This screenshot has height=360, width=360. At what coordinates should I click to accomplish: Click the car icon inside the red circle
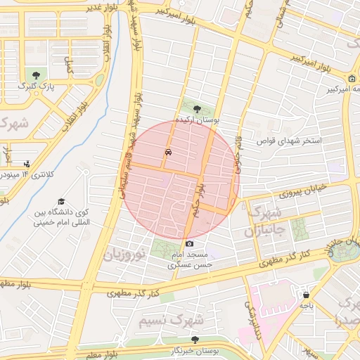point(167,152)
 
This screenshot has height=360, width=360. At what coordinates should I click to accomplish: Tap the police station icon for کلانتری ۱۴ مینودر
point(27,164)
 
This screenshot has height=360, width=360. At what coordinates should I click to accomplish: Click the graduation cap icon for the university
point(62,201)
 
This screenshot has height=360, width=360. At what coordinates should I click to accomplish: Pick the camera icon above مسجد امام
point(189,244)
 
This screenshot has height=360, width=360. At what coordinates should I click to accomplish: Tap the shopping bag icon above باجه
point(305,295)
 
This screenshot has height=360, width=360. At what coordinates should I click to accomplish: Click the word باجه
point(305,306)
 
